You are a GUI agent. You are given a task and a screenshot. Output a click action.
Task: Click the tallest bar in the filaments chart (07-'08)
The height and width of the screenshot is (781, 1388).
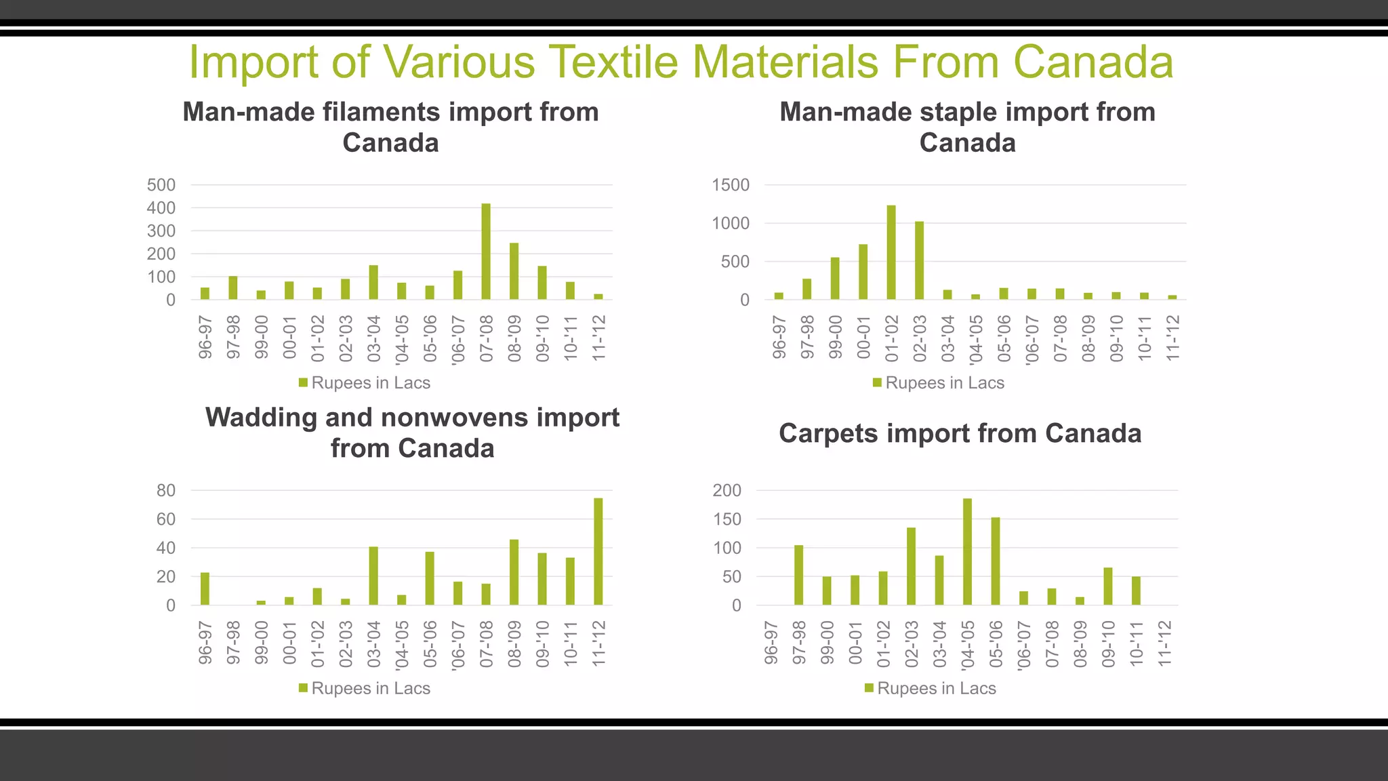tap(486, 252)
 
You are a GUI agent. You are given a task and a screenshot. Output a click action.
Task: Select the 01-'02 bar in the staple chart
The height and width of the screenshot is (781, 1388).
tap(891, 252)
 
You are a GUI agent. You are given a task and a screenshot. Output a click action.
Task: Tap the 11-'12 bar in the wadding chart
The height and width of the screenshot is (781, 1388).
tap(598, 551)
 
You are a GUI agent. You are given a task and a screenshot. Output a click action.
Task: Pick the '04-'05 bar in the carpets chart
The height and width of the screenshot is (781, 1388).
tap(967, 551)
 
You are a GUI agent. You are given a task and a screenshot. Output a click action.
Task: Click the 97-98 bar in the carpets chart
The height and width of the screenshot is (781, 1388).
tap(798, 575)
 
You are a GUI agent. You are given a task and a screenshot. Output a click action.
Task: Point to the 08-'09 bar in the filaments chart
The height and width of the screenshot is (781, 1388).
tap(514, 271)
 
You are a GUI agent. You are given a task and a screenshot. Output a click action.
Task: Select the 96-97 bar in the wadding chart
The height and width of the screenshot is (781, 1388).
tap(205, 588)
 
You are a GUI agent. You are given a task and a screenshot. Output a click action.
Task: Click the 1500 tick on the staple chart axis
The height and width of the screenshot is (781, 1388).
tap(731, 185)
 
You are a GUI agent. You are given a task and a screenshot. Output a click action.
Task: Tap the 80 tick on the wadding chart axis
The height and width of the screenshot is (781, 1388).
tap(166, 490)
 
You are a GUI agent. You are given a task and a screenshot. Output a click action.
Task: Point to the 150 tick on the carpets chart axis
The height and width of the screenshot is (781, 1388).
tap(727, 519)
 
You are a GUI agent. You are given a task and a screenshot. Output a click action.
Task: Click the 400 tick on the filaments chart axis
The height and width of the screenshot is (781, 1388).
tap(161, 208)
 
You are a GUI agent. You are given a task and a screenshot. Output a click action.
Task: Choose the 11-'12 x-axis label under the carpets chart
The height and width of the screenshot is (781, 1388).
tap(1164, 643)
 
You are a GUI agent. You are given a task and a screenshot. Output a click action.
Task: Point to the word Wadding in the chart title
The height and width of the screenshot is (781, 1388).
tap(260, 418)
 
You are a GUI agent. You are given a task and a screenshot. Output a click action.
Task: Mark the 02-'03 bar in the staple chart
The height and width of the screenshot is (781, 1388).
tap(919, 260)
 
